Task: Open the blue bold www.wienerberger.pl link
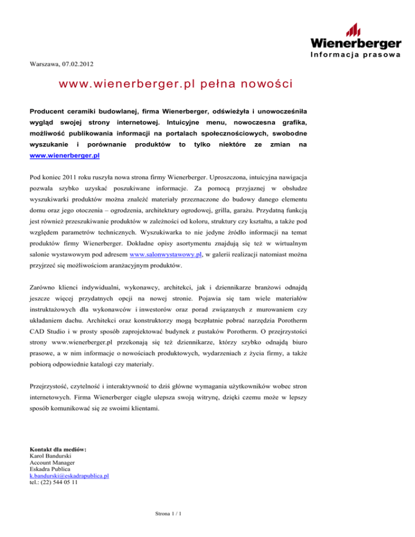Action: (x=65, y=156)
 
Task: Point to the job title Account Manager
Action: (x=52, y=462)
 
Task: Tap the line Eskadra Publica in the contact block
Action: (x=50, y=469)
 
